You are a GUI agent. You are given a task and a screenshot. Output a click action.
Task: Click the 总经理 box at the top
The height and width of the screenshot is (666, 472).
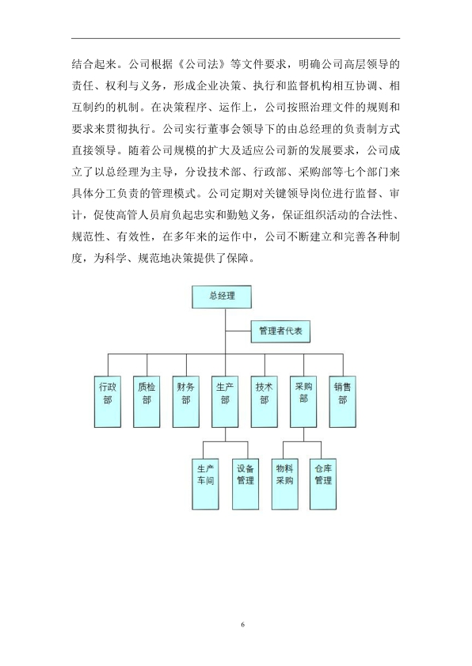pos(222,297)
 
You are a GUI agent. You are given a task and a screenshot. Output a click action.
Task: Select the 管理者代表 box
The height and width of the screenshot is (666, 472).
pos(280,331)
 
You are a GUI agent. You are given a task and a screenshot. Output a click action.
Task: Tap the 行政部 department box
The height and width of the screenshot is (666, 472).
pos(108,401)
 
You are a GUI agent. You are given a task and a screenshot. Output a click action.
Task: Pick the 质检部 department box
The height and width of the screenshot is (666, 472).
pos(147,401)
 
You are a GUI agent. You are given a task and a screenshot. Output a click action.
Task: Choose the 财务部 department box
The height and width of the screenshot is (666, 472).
pos(186,401)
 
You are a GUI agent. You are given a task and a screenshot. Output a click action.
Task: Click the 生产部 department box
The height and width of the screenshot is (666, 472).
pos(225,401)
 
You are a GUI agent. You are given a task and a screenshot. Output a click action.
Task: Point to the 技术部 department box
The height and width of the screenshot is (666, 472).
pos(264,401)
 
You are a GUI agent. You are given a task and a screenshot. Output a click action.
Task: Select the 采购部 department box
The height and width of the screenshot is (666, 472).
pos(303,401)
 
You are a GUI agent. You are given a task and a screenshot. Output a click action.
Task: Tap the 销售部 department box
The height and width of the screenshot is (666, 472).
pos(343,401)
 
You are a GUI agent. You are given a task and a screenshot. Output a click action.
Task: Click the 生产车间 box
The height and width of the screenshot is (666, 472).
pos(205,484)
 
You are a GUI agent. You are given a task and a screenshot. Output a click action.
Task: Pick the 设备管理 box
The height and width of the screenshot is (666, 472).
pos(246,484)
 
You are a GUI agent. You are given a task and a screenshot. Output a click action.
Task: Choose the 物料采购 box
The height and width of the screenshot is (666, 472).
pos(284,484)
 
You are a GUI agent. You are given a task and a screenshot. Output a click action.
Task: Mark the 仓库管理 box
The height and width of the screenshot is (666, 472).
pos(323,484)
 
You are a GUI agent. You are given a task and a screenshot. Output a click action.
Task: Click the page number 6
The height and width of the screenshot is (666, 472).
pos(243,624)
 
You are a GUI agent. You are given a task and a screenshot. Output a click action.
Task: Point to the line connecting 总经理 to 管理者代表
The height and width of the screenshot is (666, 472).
pos(238,331)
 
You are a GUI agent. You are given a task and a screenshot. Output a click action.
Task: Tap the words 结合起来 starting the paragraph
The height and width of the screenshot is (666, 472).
pos(94,64)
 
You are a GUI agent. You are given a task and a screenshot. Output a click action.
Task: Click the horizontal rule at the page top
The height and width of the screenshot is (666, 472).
pos(235,39)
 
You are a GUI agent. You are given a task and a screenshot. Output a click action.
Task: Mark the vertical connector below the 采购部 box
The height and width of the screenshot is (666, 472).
pos(303,434)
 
